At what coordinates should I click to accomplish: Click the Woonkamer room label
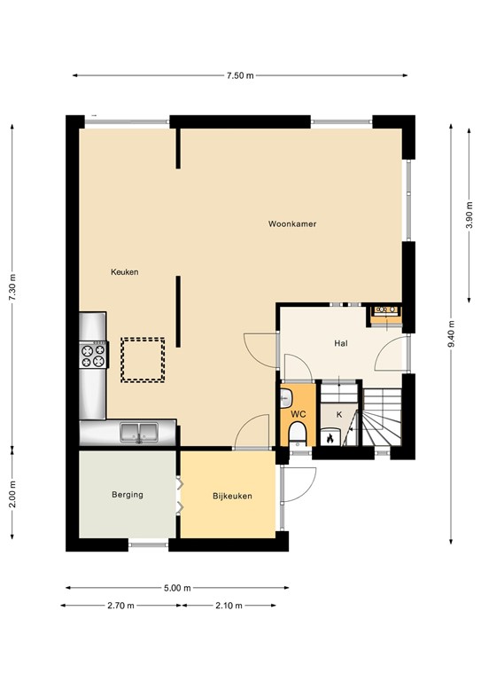[292, 224]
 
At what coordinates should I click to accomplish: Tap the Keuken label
[124, 271]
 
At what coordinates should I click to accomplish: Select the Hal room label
[340, 343]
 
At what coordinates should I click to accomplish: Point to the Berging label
[128, 495]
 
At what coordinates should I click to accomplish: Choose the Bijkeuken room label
[232, 497]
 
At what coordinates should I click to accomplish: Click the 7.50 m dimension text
[240, 75]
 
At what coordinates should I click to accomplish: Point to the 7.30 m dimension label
[12, 286]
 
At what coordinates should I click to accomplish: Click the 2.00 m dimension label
[12, 494]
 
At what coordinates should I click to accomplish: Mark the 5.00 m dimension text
[177, 587]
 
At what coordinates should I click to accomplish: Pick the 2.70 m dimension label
[120, 606]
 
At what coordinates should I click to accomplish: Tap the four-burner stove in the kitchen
[93, 355]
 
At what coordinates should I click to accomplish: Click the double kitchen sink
[139, 433]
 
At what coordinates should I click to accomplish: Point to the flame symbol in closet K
[330, 436]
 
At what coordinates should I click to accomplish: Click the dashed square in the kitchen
[143, 360]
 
